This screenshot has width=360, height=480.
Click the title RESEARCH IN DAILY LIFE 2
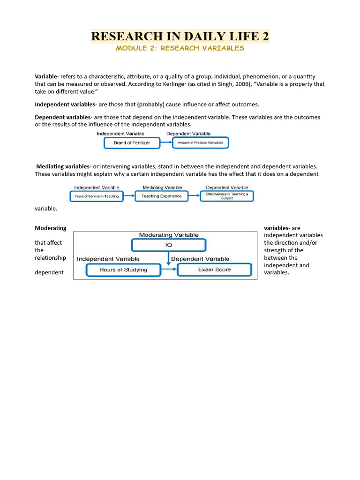[x=180, y=36]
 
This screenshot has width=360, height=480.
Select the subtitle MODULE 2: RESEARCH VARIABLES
[x=180, y=48]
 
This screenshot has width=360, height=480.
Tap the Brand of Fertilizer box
[x=132, y=143]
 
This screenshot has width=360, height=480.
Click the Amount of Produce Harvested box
[x=201, y=143]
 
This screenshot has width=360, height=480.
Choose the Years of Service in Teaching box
[x=97, y=196]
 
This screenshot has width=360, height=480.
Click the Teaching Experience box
[x=162, y=196]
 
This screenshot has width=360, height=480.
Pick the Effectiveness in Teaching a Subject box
[x=227, y=196]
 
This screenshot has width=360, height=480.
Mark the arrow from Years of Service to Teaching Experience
[x=129, y=196]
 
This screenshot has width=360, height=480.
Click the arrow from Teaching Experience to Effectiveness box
[x=194, y=196]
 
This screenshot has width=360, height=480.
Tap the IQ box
[x=168, y=245]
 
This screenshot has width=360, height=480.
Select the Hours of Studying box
[x=123, y=270]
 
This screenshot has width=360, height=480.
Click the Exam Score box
[x=214, y=270]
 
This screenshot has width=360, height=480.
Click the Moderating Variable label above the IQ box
[x=169, y=235]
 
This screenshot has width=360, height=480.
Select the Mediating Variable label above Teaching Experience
[x=161, y=187]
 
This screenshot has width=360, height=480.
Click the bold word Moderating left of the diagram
[x=51, y=228]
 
